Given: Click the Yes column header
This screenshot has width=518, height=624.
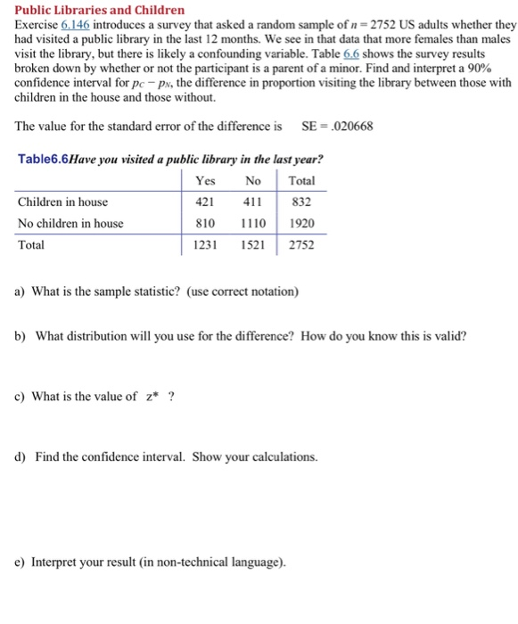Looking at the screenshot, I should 205,181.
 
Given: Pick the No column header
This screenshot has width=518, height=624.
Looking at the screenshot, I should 253,181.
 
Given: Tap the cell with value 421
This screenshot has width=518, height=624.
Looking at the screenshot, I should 206,202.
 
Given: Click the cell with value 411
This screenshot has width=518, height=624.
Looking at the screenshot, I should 252,202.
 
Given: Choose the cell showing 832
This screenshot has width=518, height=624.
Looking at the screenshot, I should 303,202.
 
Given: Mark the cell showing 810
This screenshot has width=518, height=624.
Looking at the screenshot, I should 206,223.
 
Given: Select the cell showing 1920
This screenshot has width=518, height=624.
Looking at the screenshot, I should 301,223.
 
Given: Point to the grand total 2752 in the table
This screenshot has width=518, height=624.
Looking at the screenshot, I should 301,244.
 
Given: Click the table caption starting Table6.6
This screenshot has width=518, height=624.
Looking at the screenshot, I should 169,160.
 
